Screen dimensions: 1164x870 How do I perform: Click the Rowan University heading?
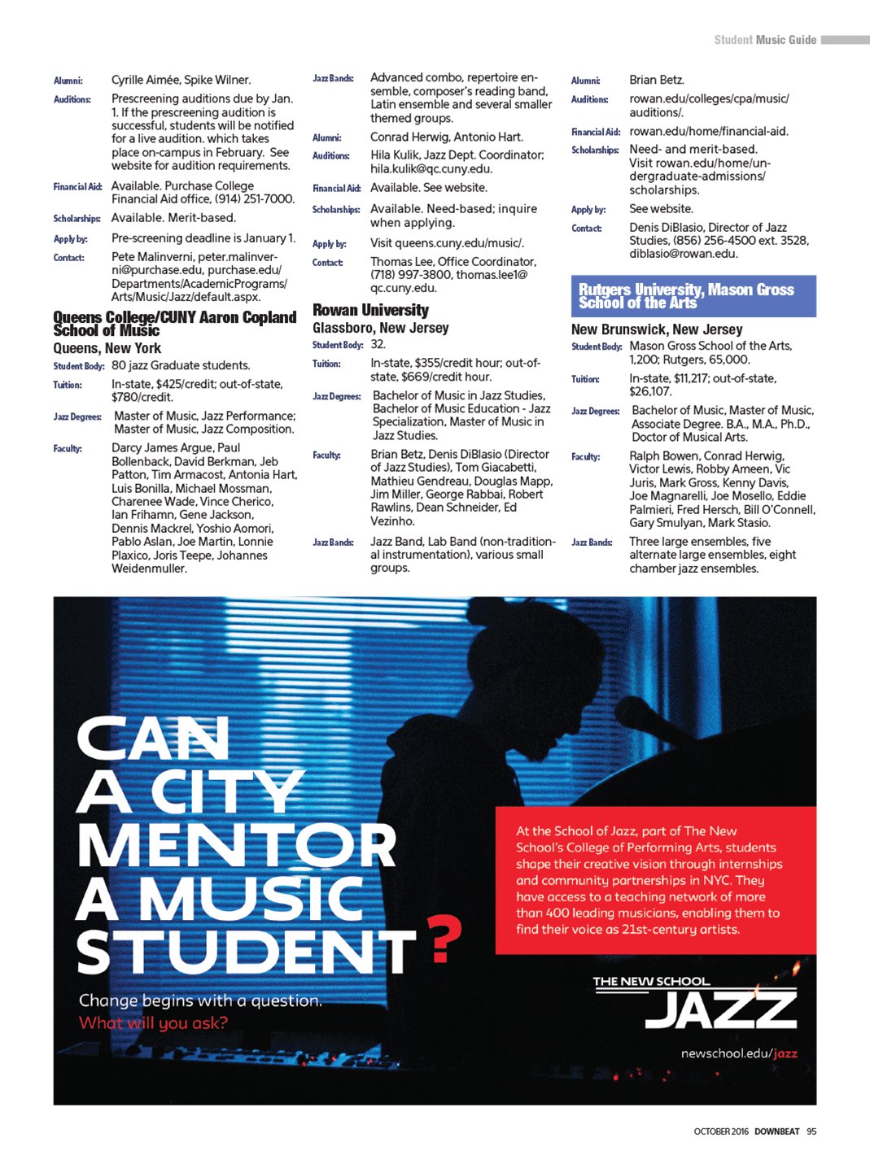(370, 310)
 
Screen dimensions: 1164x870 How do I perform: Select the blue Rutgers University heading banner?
(693, 296)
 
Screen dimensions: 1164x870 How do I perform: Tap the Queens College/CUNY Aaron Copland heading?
(174, 323)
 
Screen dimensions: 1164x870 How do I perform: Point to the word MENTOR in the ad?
(236, 846)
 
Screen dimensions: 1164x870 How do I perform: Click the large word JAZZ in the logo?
(721, 1010)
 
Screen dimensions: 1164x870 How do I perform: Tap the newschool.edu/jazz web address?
(739, 1053)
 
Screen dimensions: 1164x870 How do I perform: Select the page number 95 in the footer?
(811, 1131)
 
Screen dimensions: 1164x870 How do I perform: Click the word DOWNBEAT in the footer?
(776, 1131)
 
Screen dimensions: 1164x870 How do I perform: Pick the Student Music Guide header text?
(765, 40)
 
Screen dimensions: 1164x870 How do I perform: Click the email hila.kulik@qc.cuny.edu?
(431, 169)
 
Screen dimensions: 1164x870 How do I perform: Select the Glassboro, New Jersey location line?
(381, 328)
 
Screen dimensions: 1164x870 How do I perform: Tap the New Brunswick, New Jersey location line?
(657, 329)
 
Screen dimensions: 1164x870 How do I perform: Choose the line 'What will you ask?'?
(153, 1022)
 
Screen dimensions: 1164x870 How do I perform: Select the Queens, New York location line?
(107, 348)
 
